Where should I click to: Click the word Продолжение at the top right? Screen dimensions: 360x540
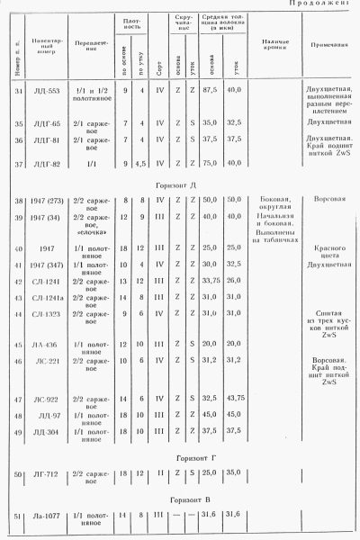[x=324, y=4]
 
